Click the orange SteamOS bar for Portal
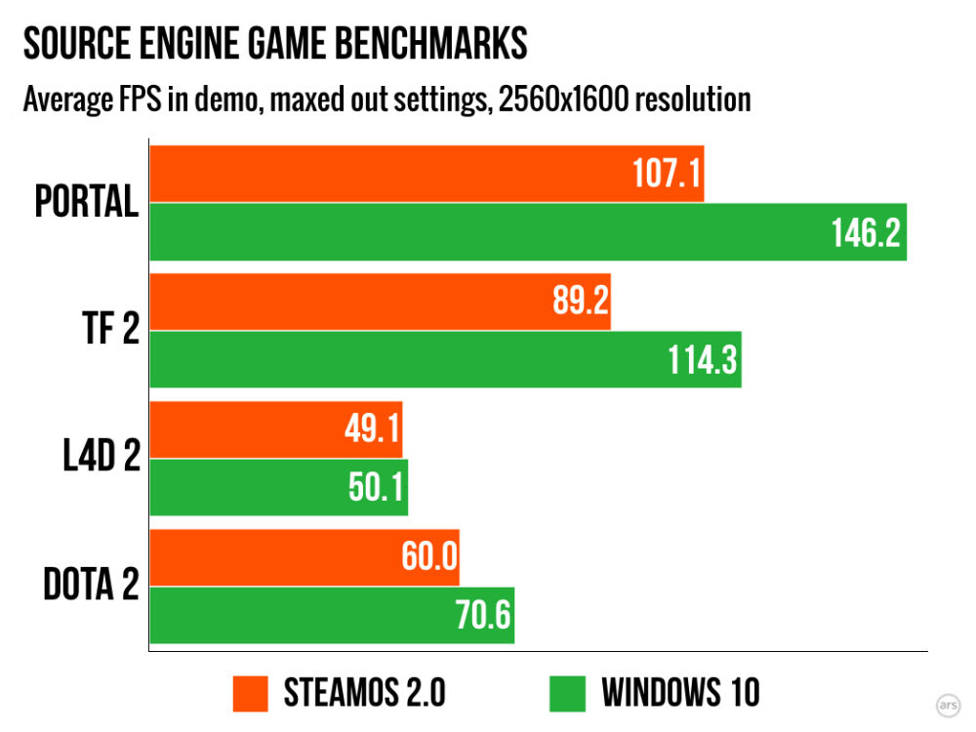[427, 174]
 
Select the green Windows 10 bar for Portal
[528, 231]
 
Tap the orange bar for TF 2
[381, 302]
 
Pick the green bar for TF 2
[446, 360]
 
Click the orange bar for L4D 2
[276, 429]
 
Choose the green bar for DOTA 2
[333, 616]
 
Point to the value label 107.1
[667, 173]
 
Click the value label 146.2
[866, 233]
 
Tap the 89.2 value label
[581, 300]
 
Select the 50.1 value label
[376, 487]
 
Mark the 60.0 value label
[429, 556]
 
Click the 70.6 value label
[483, 615]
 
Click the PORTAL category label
[87, 202]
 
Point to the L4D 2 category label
[102, 456]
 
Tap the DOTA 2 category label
[91, 584]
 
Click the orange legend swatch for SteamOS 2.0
[250, 693]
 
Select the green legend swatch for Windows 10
[568, 693]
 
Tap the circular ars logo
[948, 706]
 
